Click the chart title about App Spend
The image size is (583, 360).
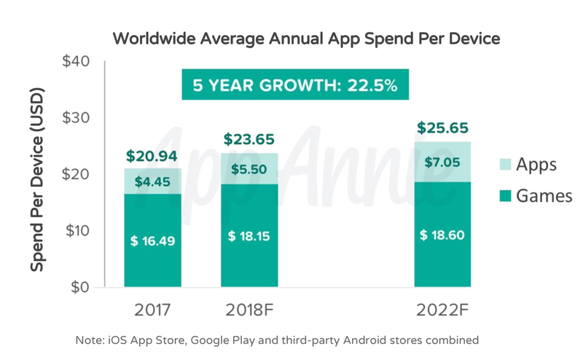[x=306, y=39]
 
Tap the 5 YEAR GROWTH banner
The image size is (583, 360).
[x=294, y=85]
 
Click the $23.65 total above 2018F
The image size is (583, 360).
[x=249, y=139]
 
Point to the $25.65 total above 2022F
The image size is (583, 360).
[x=443, y=128]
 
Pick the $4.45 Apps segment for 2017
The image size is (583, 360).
[x=153, y=181]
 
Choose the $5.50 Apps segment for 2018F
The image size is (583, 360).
[x=249, y=168]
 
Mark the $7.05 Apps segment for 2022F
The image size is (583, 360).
[x=443, y=162]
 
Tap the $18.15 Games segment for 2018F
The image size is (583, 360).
[x=249, y=235]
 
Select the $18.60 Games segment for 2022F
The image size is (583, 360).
[x=443, y=235]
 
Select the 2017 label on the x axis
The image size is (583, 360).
[x=153, y=309]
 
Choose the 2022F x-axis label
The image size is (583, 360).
[x=443, y=309]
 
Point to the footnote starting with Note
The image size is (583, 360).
[x=277, y=340]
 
